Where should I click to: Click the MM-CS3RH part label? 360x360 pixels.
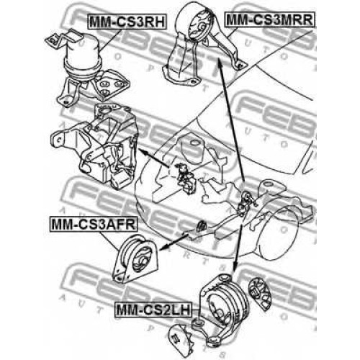pos(127,22)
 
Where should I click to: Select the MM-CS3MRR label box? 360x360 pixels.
pos(269,19)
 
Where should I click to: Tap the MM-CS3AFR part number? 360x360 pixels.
pos(94,224)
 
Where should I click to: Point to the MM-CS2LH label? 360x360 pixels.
pos(153,310)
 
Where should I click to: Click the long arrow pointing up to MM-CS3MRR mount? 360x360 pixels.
pos(231,120)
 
